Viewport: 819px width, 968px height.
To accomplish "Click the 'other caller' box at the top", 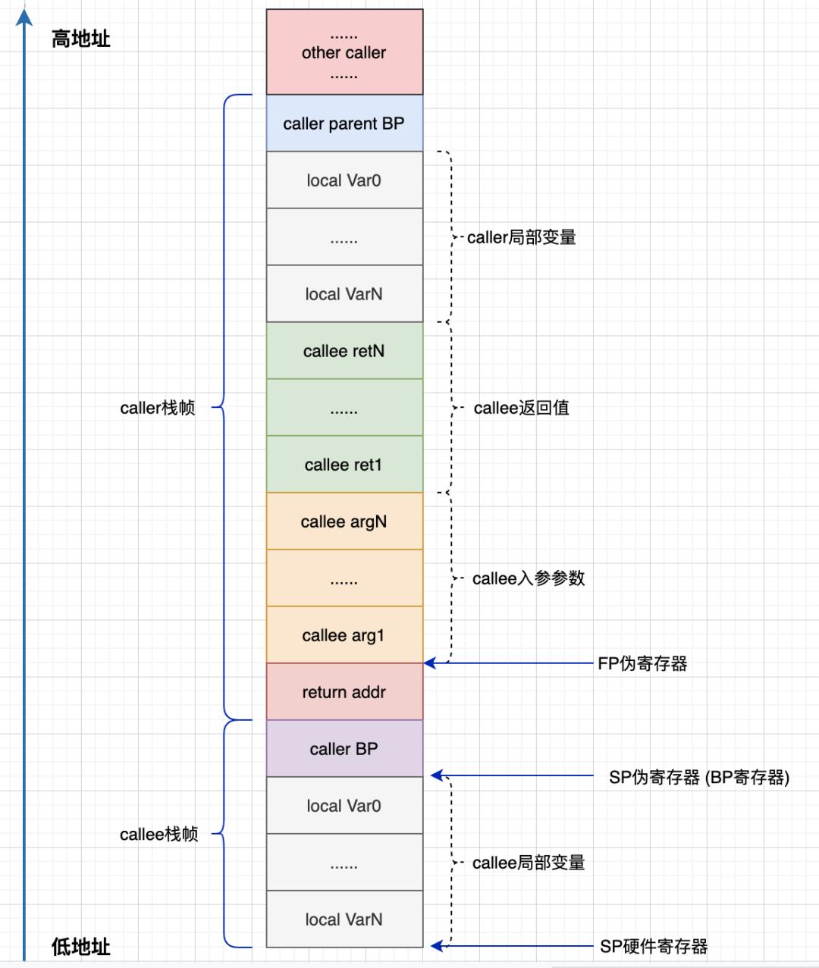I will (x=344, y=52).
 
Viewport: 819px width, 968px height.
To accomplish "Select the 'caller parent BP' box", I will (x=344, y=124).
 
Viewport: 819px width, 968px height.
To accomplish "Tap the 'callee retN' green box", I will (x=344, y=351).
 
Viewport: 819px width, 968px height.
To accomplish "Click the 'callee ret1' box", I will (x=344, y=465).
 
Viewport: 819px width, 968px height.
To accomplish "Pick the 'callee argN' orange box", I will (x=344, y=522).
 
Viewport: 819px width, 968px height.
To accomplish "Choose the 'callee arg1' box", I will (x=344, y=635).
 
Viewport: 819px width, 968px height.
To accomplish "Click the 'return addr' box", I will (x=344, y=692).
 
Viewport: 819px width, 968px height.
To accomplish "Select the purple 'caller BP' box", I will (x=344, y=749).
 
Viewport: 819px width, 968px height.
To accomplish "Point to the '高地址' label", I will (x=81, y=39).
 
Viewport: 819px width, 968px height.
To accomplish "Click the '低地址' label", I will (x=81, y=946).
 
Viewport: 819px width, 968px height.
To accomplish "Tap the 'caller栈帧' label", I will (x=158, y=408).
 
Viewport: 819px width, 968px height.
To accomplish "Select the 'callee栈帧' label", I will (x=159, y=835).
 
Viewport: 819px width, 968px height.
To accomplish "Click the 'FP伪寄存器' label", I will (x=642, y=664).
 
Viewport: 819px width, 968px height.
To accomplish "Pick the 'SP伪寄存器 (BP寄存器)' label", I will (x=699, y=778).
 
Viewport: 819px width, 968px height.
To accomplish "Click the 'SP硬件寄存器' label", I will (x=654, y=946).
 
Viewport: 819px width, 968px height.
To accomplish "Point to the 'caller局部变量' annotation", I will (x=522, y=237).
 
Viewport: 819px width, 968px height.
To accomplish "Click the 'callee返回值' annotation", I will (x=522, y=408).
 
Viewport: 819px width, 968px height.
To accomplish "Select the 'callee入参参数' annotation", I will (x=529, y=578).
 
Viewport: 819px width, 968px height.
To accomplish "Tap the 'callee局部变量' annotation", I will (x=529, y=863).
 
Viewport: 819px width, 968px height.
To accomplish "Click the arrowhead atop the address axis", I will (x=24, y=16).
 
